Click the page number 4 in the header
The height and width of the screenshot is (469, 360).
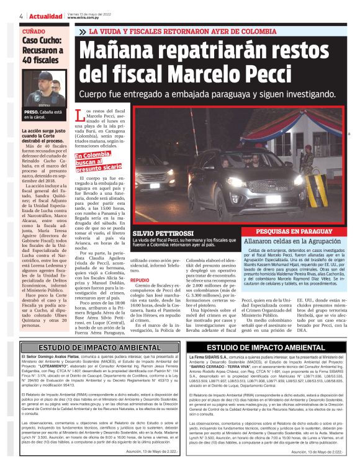tap(22, 16)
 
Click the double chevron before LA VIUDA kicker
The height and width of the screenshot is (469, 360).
tap(81, 31)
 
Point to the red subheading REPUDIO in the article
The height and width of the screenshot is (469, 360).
tap(138, 280)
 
